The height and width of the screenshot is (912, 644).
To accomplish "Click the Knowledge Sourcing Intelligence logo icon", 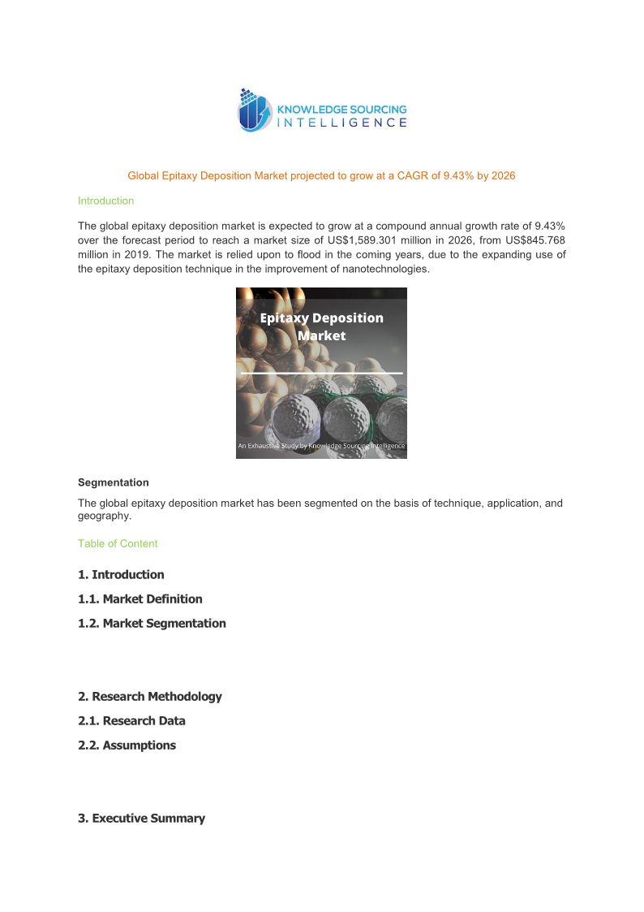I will [x=254, y=110].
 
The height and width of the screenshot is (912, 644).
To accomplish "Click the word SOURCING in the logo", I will [x=376, y=109].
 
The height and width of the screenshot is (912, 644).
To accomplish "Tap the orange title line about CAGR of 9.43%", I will [x=321, y=175].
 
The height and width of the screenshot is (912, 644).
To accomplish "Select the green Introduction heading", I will [x=105, y=201].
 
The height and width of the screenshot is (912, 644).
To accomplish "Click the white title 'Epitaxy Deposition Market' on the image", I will [x=321, y=326].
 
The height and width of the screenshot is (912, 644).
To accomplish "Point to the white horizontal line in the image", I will [x=321, y=373].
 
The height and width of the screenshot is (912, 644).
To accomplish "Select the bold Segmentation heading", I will [x=113, y=482].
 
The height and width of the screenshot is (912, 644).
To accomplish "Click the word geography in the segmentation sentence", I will [x=103, y=516].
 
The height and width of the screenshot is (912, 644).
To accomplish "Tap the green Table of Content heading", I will [x=118, y=543].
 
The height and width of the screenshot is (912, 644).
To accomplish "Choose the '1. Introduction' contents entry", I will [x=121, y=575].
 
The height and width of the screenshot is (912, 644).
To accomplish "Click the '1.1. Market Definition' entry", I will [x=140, y=599].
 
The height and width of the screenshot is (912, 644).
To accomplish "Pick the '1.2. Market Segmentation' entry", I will [x=152, y=624].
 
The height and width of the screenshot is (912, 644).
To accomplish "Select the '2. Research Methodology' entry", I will [x=149, y=697].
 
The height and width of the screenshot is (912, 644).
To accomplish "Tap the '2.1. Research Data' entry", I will [x=131, y=721].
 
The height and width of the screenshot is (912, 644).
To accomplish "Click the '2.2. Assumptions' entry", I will [x=127, y=746].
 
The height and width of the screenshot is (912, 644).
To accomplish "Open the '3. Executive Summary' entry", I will [x=141, y=819].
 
